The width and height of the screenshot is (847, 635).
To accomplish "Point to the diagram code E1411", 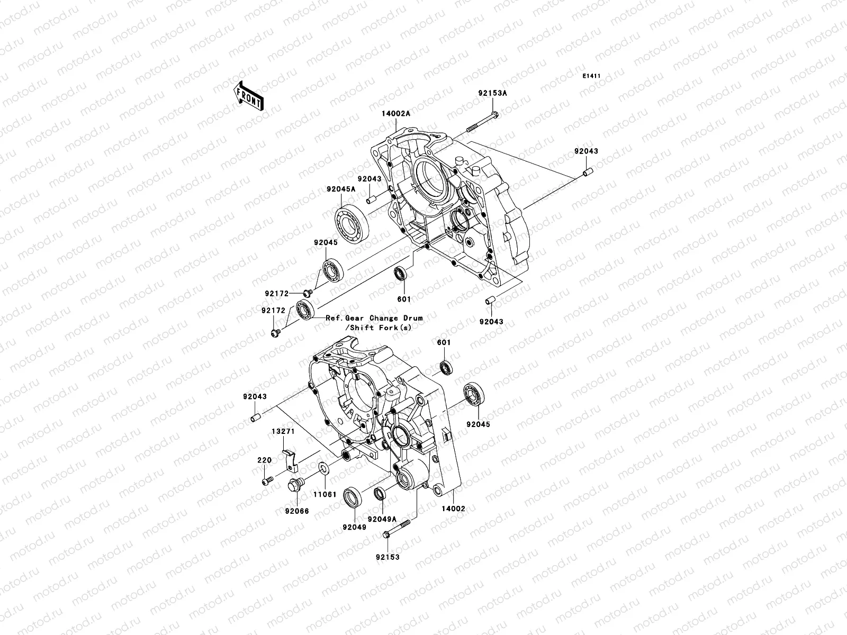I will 592,76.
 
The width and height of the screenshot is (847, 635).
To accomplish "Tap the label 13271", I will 283,431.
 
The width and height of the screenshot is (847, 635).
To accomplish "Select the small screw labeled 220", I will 267,480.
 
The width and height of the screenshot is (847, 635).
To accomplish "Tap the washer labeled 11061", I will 322,468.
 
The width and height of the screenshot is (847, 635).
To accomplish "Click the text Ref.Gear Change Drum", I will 374,318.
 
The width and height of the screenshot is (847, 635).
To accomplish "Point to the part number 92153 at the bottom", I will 388,557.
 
